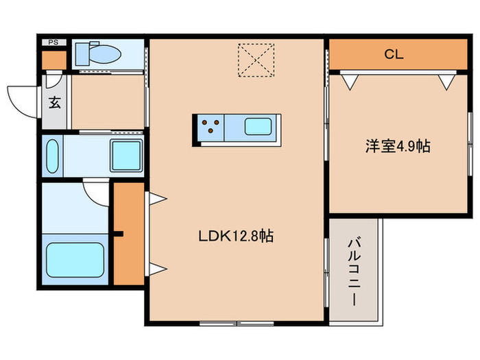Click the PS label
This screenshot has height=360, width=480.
53,43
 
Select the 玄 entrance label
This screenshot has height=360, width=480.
53,104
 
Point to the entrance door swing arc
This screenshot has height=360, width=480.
19,99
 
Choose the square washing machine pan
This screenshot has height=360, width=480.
126,156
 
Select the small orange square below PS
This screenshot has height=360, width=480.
53,60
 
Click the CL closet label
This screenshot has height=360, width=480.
393,54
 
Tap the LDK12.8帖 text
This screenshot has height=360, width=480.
237,236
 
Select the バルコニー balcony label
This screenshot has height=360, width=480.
354,272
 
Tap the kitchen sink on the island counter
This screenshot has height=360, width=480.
258,126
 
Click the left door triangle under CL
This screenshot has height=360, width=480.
351,82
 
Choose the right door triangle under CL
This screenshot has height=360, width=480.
446,82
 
